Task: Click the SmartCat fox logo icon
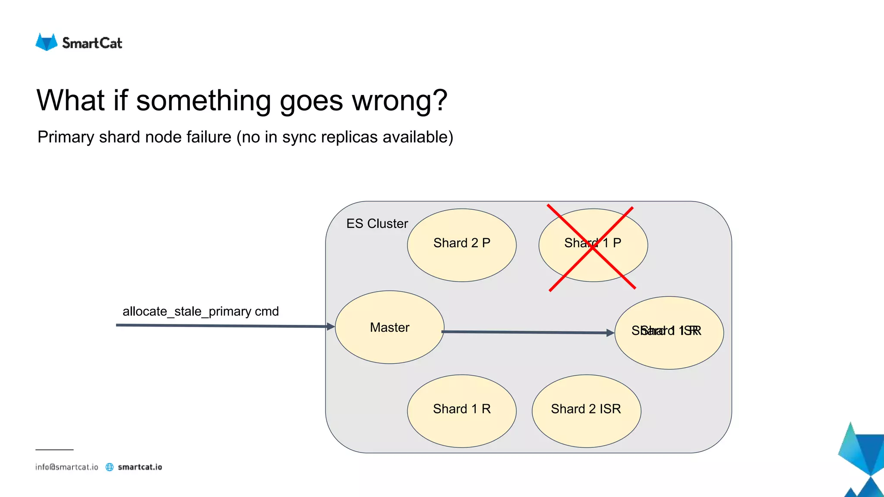(x=46, y=42)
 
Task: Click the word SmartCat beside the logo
(x=92, y=43)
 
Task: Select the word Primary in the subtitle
(x=66, y=137)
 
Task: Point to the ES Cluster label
(x=377, y=223)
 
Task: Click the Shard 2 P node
(x=461, y=245)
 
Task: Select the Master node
(x=389, y=327)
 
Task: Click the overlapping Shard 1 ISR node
(x=669, y=333)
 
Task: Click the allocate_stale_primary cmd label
(x=200, y=311)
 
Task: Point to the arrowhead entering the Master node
(x=331, y=327)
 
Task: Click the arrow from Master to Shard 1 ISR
(x=527, y=332)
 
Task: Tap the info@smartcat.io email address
(x=67, y=467)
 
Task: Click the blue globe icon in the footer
(x=110, y=467)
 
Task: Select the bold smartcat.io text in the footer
(x=140, y=467)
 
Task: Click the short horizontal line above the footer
(x=54, y=450)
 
